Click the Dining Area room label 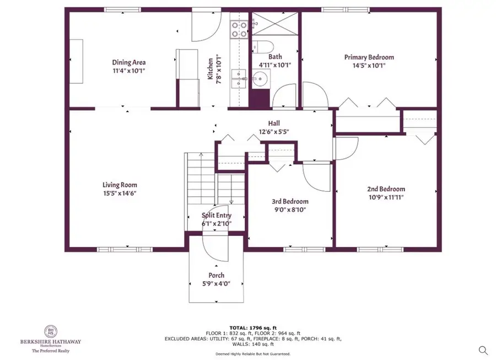pos(129,62)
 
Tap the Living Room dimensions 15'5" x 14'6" pos(120,194)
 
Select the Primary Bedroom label pos(369,57)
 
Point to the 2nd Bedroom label pos(386,189)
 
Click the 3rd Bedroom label pos(290,201)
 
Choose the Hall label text pos(274,124)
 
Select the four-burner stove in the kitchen pos(239,29)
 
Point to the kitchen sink pos(239,80)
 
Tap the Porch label pos(216,275)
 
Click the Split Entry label pos(216,216)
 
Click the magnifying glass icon pos(483,350)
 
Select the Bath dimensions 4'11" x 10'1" pos(275,65)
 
